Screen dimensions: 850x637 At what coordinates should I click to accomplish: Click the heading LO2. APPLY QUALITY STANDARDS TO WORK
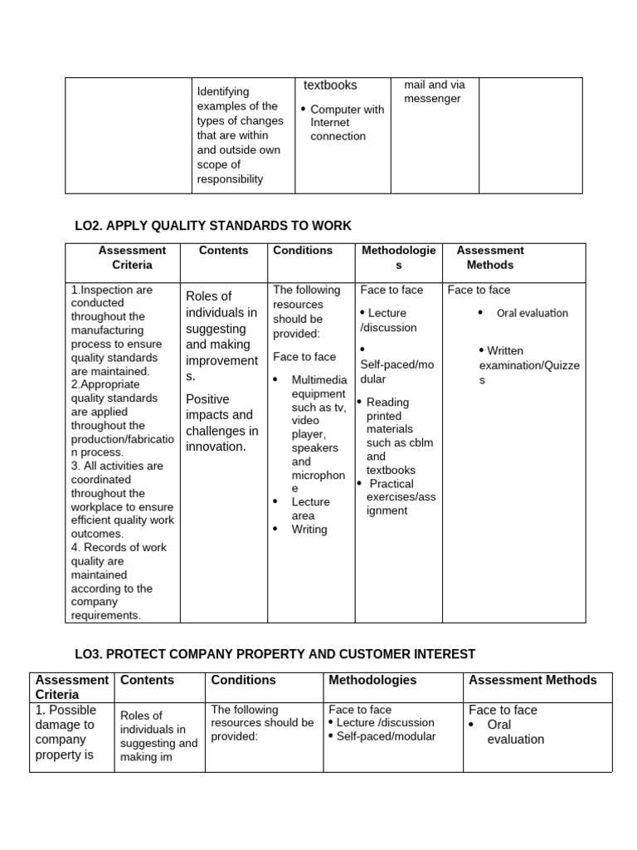click(212, 226)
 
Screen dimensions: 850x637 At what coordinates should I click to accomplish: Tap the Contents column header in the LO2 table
click(223, 250)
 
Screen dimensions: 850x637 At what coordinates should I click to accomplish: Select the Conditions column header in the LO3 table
click(244, 680)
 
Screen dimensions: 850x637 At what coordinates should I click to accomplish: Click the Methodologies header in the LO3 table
click(372, 680)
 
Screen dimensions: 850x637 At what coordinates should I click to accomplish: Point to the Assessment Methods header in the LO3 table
click(532, 680)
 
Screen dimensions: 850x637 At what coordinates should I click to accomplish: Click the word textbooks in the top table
click(330, 85)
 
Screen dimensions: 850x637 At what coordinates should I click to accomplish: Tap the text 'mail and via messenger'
click(434, 91)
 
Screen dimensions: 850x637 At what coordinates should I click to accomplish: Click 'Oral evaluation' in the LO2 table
click(532, 313)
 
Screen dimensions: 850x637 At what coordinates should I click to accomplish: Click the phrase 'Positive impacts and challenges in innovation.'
click(221, 423)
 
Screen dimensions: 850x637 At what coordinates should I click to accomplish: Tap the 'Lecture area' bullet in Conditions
click(309, 509)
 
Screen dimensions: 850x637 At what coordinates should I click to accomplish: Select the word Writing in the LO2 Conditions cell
click(309, 530)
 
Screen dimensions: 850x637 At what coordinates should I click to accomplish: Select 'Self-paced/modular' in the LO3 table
click(386, 736)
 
